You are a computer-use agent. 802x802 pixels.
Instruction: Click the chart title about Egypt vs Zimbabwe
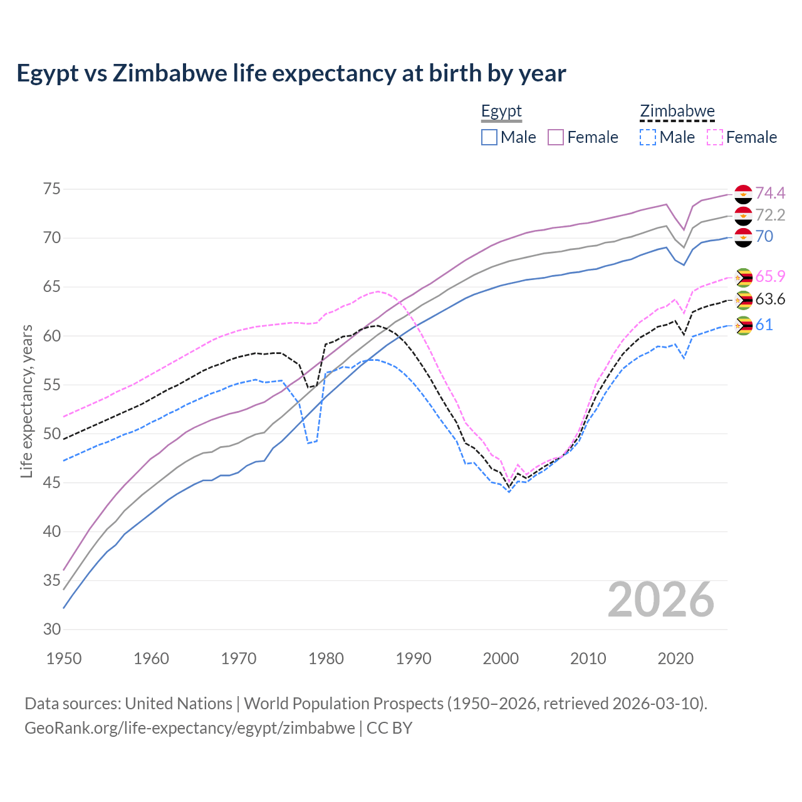[291, 73]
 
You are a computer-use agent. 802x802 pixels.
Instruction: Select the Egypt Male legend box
[489, 137]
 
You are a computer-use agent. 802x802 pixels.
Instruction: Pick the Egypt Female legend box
[556, 137]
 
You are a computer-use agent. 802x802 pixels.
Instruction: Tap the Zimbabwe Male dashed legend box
[648, 137]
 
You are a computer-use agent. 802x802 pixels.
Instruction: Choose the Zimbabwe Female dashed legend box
[715, 137]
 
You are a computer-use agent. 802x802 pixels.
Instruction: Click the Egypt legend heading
[501, 112]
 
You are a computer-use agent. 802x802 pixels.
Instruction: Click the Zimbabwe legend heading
[677, 112]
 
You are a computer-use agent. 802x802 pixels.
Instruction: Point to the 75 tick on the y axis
[52, 189]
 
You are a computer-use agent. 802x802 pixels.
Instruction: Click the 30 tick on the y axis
[52, 629]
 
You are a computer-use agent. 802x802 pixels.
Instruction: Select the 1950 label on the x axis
[64, 659]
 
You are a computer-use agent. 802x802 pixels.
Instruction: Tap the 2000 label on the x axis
[501, 659]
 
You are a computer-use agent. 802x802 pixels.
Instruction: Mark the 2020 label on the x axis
[675, 659]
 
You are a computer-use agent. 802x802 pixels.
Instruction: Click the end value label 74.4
[770, 193]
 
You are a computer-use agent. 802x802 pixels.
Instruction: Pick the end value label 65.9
[770, 276]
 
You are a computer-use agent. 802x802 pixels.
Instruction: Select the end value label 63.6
[770, 299]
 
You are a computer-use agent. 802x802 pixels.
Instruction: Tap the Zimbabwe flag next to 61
[743, 326]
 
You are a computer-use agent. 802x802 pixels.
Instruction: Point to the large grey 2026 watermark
[661, 600]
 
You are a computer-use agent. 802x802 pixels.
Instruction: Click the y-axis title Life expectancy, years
[26, 401]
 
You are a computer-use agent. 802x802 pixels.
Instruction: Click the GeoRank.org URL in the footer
[189, 728]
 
